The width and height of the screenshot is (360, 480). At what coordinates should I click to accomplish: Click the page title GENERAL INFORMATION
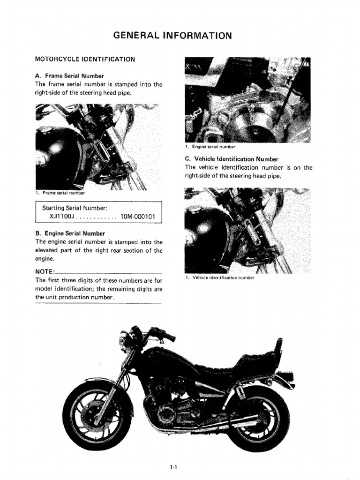point(173,36)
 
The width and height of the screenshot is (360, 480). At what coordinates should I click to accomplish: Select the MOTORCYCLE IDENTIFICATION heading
point(85,59)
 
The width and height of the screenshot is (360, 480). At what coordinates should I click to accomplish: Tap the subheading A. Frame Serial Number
point(69,75)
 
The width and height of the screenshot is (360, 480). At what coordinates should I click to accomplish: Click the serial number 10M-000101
point(140,217)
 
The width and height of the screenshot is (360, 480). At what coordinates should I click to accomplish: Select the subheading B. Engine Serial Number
point(70,233)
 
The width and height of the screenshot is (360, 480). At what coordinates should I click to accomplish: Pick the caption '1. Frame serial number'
point(61,193)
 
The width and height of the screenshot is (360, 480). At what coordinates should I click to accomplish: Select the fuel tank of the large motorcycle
point(176,359)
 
